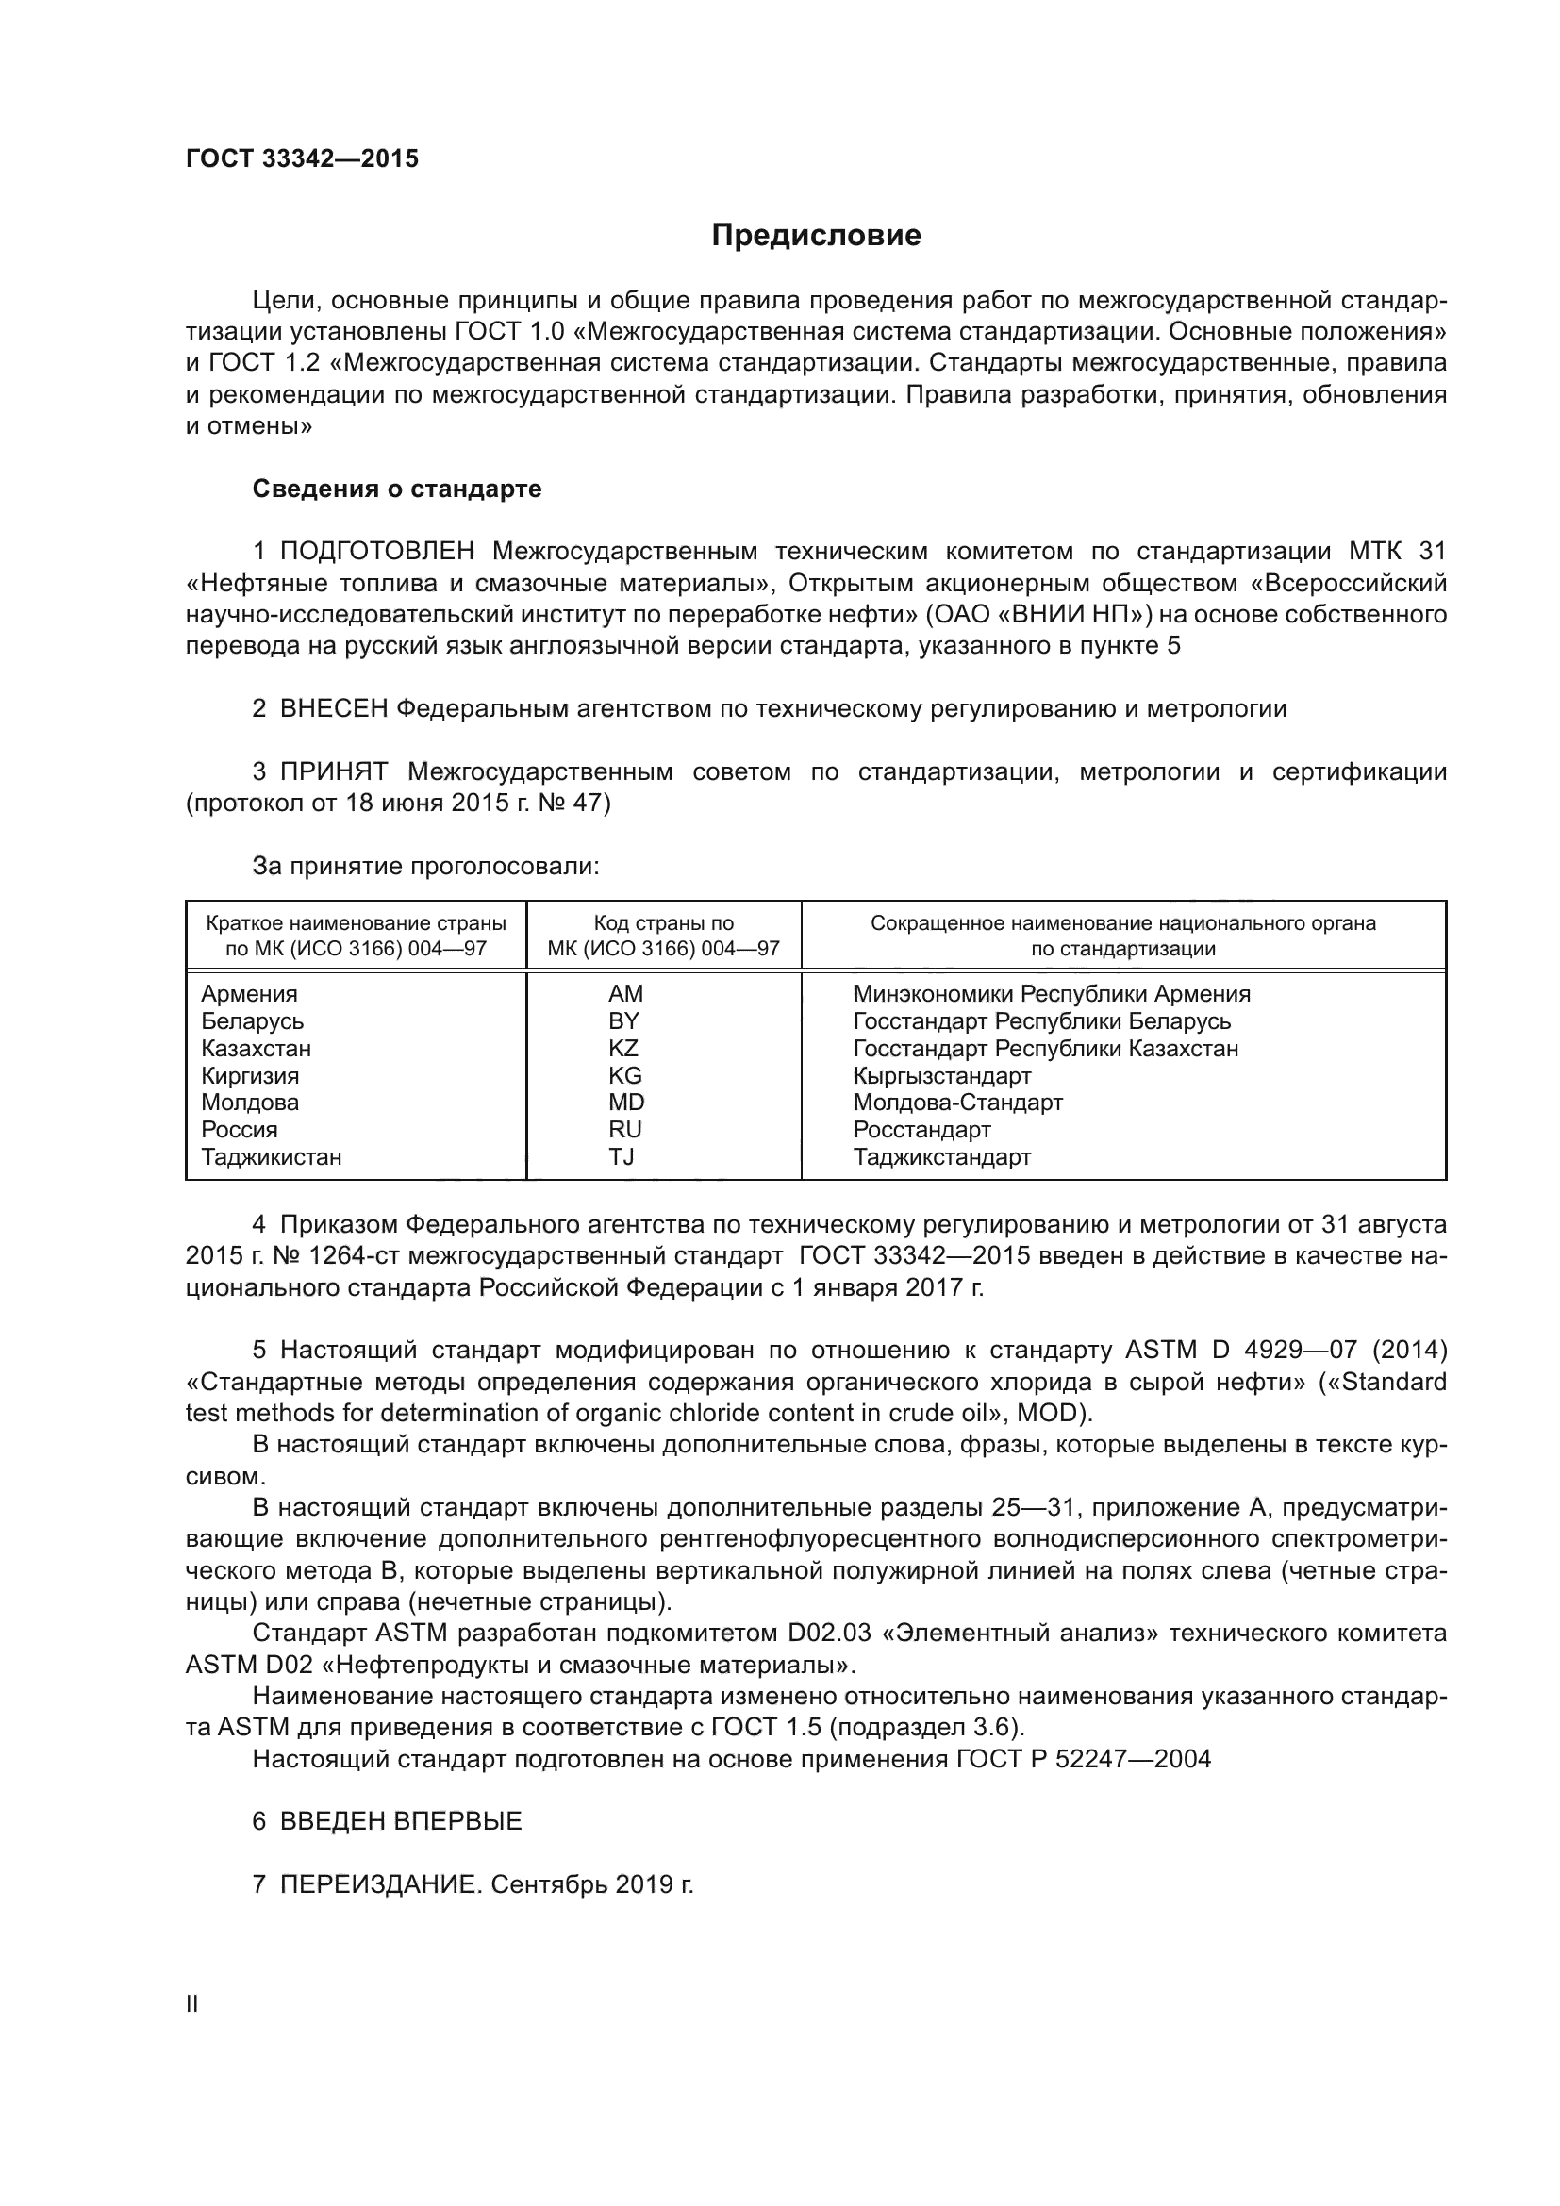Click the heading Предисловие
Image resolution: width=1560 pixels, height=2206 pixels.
coord(816,236)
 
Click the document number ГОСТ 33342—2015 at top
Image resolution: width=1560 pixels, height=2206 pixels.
coord(303,159)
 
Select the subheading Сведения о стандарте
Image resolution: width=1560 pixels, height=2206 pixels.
coord(397,489)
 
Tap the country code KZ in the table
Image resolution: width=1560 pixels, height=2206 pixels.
coord(623,1048)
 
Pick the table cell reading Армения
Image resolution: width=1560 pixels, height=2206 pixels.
coord(249,994)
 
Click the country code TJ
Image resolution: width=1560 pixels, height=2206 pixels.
coord(622,1157)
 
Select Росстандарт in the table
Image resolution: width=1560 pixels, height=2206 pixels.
coord(921,1130)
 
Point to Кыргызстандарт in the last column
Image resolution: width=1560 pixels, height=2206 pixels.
coord(941,1076)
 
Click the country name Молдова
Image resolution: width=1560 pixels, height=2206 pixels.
coord(250,1103)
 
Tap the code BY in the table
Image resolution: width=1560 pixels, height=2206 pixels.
coord(623,1021)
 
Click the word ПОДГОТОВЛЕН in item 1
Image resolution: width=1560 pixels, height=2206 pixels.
coord(376,552)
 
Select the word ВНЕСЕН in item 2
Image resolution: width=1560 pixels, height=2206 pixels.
coord(333,710)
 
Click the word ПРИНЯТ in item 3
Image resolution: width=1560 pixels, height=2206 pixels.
coord(333,772)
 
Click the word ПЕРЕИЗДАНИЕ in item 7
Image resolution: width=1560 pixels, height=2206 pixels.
coord(377,1885)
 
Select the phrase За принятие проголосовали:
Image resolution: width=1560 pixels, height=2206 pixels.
coord(425,867)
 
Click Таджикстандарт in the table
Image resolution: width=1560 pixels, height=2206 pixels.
coord(941,1157)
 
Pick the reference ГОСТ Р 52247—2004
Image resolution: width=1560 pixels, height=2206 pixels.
coord(1084,1759)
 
